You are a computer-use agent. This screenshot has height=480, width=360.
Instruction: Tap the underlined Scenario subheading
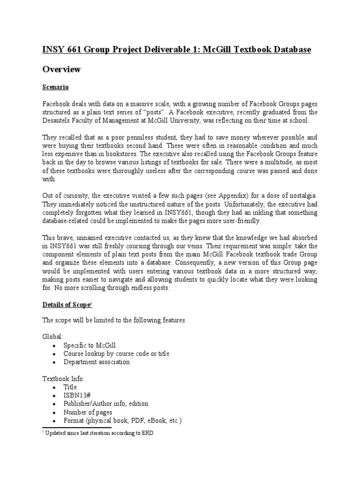tap(56, 87)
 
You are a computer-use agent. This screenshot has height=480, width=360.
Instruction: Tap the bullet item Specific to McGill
tap(90, 345)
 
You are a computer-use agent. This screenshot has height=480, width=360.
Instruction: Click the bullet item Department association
tap(97, 362)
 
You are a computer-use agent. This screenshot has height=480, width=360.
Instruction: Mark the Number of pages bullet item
tap(88, 412)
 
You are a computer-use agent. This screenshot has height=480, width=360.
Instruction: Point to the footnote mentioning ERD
tap(97, 434)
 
